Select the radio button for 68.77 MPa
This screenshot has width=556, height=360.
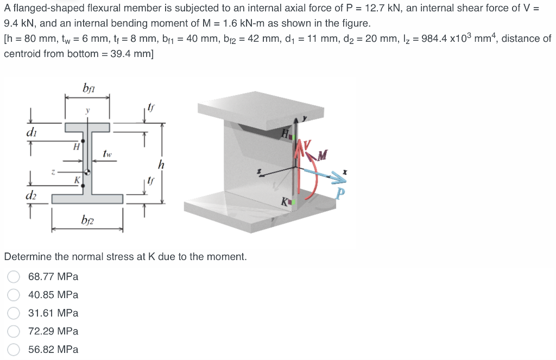click(15, 277)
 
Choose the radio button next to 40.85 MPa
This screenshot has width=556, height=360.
click(15, 295)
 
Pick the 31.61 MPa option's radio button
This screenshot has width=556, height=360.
click(15, 313)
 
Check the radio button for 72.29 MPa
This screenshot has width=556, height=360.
click(15, 331)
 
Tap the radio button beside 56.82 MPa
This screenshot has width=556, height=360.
click(15, 350)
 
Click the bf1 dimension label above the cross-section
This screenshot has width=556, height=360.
click(89, 88)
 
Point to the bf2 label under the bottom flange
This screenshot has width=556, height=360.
click(87, 220)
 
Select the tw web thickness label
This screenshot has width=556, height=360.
click(108, 155)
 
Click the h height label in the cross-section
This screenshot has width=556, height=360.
click(161, 164)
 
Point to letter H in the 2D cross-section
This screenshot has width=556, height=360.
click(77, 146)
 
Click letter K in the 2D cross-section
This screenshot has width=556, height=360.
click(78, 180)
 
